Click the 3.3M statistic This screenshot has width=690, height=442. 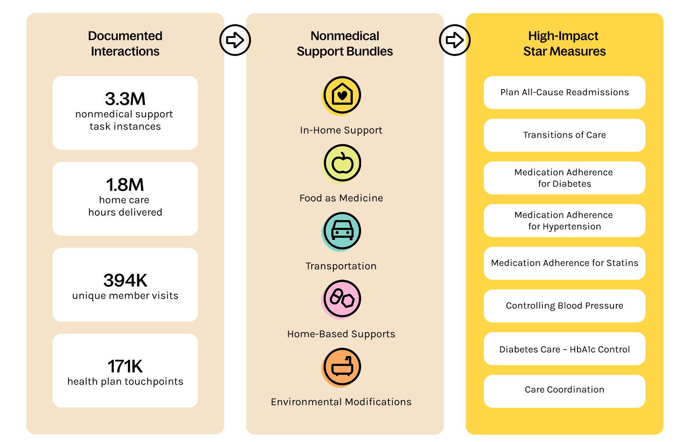(125, 99)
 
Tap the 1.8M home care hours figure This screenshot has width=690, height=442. (125, 185)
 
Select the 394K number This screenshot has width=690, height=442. (125, 281)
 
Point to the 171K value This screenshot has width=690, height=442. (125, 366)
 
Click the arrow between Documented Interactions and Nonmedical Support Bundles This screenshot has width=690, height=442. (235, 40)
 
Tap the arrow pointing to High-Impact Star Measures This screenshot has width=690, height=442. (455, 40)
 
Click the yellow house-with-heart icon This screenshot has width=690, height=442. (341, 96)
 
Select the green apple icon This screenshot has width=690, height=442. (341, 164)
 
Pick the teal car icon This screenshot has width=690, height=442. (341, 232)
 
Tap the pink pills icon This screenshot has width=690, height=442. (341, 299)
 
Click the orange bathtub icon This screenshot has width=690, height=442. (341, 367)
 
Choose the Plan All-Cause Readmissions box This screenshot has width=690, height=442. (564, 92)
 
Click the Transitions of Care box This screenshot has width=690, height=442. (564, 135)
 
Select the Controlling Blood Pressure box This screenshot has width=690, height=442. (564, 306)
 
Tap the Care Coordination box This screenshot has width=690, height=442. (564, 391)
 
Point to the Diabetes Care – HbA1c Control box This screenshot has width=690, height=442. (564, 349)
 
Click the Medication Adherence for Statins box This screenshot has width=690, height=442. (564, 263)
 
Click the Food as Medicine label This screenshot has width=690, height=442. (341, 198)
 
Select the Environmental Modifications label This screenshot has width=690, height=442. (341, 402)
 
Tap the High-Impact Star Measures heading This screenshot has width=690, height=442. (564, 44)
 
